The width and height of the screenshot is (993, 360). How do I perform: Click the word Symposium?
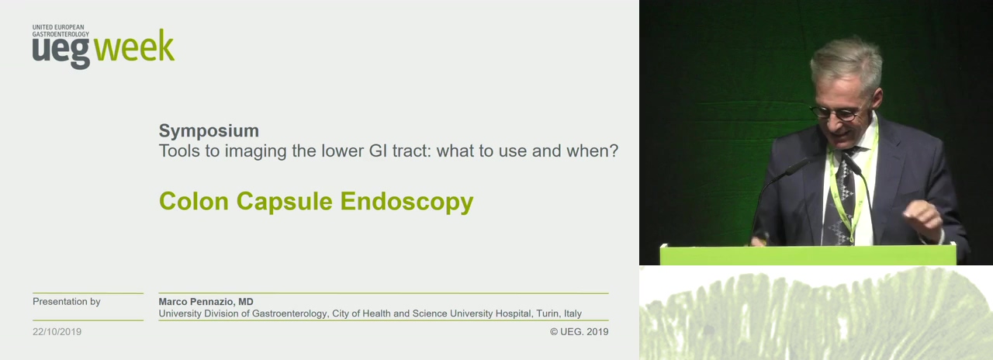[209, 131]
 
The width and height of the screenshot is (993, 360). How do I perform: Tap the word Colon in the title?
[194, 201]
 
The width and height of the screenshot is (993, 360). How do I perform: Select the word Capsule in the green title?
[284, 202]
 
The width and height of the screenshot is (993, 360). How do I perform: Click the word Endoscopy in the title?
[407, 202]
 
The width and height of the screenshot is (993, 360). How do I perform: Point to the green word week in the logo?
[134, 46]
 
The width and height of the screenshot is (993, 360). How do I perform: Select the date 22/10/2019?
[57, 331]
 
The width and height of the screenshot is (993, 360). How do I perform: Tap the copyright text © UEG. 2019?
[579, 331]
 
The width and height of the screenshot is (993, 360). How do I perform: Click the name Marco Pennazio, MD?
[206, 302]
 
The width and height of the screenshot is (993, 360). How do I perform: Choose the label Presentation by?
[67, 302]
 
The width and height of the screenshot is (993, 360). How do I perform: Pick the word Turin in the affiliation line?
[548, 313]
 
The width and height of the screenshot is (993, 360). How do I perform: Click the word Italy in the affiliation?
[573, 313]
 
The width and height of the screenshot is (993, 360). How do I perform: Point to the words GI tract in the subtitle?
[399, 151]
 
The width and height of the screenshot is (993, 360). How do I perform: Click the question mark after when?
[614, 151]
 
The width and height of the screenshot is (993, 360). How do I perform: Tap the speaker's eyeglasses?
[836, 113]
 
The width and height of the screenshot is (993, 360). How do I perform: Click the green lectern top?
[808, 254]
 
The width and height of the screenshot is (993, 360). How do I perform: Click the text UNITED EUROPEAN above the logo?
[58, 27]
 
